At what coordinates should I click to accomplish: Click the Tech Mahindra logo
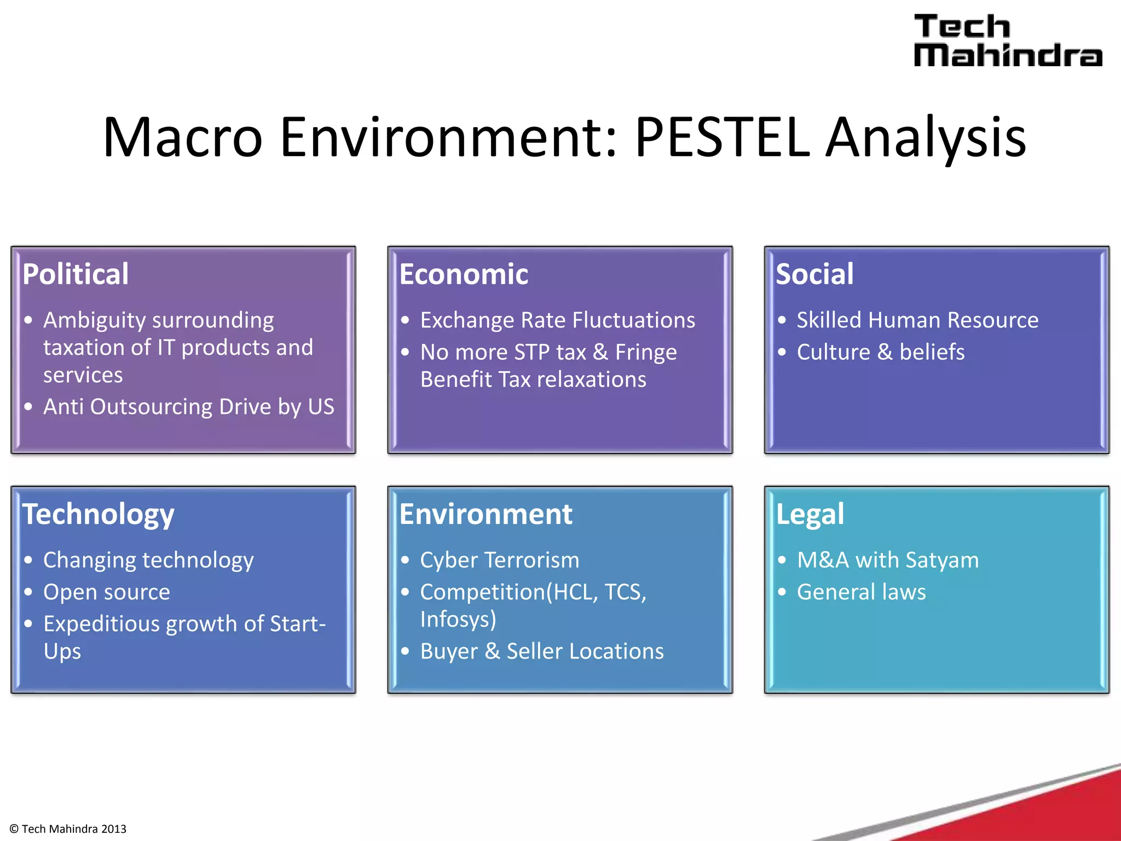point(1007,41)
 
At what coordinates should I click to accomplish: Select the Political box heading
point(76,274)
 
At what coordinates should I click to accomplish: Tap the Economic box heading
point(464,274)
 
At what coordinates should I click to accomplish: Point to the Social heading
point(814,274)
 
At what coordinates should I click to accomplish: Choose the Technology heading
point(98,515)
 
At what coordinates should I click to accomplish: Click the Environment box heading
point(486,514)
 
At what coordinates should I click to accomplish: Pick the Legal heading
point(810,515)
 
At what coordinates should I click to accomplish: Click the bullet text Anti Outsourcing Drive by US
point(188,407)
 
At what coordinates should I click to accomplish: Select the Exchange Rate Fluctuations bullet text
point(557,320)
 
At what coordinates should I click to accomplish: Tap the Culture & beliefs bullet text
point(880,352)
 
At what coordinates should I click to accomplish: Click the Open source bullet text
point(107,592)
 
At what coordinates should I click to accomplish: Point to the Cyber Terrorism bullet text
point(499,560)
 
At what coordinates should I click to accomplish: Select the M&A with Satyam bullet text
point(887,560)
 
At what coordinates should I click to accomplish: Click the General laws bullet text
point(861,592)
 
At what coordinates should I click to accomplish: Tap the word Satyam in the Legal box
point(942,560)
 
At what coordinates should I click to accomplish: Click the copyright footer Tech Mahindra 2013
point(68,829)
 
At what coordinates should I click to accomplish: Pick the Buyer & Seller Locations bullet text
point(542,652)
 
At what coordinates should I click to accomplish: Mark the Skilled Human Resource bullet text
point(917,320)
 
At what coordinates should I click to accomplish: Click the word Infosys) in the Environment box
point(458,620)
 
